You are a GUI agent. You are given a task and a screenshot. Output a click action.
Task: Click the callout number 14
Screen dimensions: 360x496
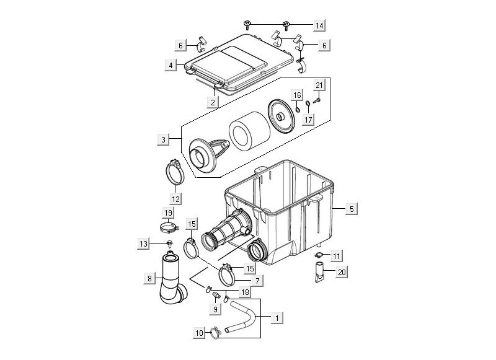(319, 25)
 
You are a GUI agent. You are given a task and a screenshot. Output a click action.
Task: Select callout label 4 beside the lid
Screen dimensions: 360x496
(169, 64)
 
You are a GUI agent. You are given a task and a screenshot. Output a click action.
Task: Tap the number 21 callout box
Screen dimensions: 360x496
(319, 85)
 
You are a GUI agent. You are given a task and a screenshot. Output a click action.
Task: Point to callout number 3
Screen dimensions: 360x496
(163, 140)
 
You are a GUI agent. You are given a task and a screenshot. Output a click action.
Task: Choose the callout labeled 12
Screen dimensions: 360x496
(176, 199)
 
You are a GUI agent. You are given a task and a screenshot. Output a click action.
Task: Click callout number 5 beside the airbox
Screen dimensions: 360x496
(352, 209)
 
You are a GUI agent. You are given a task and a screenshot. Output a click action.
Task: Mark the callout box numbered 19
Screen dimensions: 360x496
(167, 213)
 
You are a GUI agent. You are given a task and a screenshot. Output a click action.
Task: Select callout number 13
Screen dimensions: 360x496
(143, 244)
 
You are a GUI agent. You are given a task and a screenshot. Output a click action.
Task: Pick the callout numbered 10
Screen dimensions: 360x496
(199, 333)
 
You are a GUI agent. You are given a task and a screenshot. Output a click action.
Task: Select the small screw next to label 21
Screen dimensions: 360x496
(316, 97)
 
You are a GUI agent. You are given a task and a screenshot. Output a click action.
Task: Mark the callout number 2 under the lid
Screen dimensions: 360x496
(213, 102)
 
